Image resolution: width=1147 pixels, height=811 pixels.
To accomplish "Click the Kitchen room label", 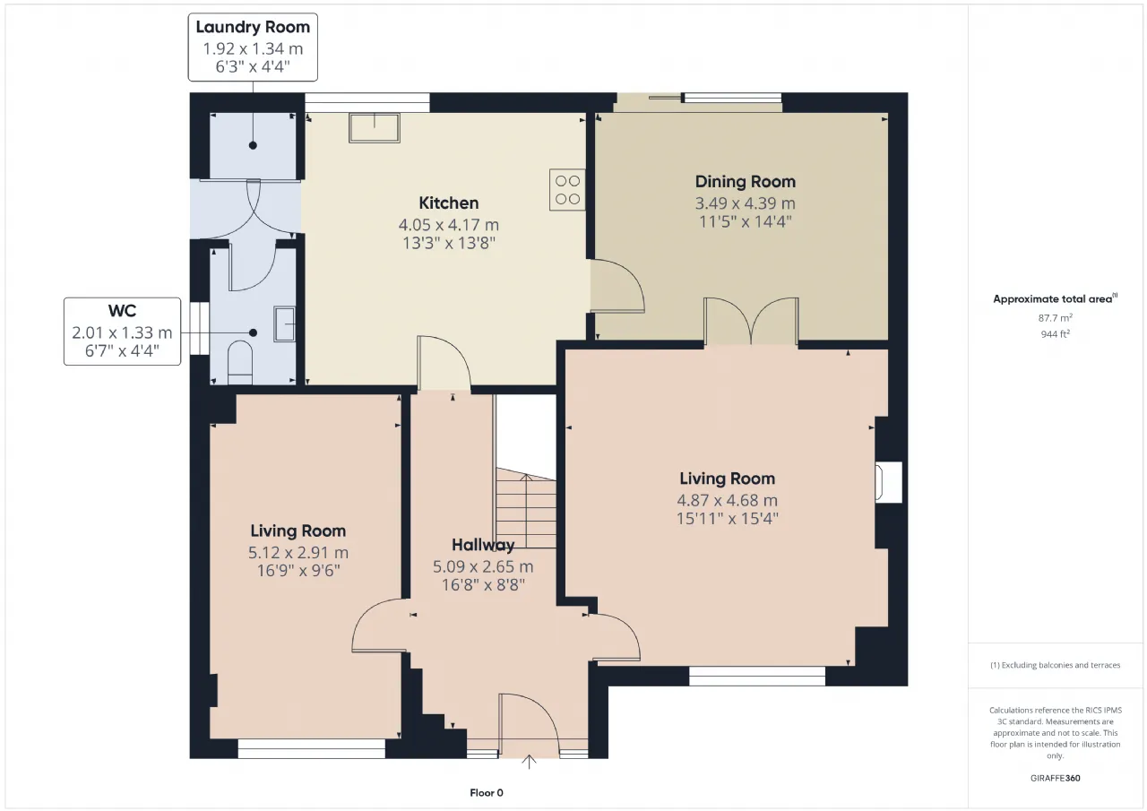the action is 449,203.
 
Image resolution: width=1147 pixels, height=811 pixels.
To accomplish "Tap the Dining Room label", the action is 745,182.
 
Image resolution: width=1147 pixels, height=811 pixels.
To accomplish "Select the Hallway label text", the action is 483,545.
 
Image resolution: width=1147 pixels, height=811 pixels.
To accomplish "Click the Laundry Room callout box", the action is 253,47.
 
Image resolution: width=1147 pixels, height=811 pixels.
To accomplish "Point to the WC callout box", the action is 123,332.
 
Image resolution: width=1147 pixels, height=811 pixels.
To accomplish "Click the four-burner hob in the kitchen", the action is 567,190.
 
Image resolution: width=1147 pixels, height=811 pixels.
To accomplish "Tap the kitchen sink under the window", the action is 375,127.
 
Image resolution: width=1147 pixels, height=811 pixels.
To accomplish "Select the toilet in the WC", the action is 239,363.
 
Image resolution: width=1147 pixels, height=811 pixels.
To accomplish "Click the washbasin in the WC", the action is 284,324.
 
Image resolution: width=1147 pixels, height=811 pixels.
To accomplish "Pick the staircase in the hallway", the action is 526,508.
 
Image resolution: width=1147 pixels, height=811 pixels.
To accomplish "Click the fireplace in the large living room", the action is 888,482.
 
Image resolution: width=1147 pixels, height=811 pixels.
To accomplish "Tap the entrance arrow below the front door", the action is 529,762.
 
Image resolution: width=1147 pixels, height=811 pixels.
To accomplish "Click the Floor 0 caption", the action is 487,792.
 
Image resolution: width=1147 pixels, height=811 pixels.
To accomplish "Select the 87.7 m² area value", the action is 1055,318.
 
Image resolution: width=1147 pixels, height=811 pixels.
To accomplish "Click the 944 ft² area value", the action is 1055,334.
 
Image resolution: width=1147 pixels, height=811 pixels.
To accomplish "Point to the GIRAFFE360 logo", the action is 1055,778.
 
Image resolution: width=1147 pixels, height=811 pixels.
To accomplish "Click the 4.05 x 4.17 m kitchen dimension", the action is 449,225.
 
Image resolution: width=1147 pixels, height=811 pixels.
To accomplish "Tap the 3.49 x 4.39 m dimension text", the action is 745,203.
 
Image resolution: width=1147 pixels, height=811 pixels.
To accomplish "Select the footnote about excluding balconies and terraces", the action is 1055,665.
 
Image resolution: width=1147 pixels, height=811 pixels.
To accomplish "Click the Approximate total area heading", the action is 1055,299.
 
